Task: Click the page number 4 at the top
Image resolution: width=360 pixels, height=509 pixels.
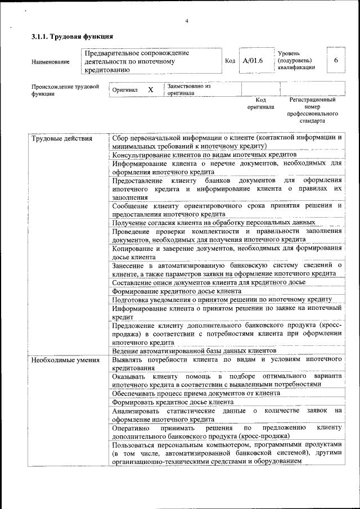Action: [x=186, y=21]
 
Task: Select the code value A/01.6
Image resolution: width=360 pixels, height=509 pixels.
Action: [x=253, y=61]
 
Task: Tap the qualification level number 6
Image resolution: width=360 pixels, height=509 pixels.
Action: [x=336, y=61]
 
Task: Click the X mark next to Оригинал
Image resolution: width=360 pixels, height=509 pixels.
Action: [x=150, y=90]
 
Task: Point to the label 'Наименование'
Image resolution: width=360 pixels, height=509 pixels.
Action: [x=51, y=62]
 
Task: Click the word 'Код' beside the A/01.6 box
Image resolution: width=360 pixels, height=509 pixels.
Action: [x=229, y=61]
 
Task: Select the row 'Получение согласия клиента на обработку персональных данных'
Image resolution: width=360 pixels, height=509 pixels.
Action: [x=214, y=223]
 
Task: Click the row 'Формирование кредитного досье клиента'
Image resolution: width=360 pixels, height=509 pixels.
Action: [x=177, y=291]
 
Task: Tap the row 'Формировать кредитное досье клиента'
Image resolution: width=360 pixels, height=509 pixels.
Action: [x=173, y=402]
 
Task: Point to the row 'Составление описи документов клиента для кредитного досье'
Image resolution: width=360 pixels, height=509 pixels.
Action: [x=209, y=282]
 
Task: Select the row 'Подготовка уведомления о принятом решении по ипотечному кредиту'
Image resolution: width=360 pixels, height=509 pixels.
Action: [x=222, y=300]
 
